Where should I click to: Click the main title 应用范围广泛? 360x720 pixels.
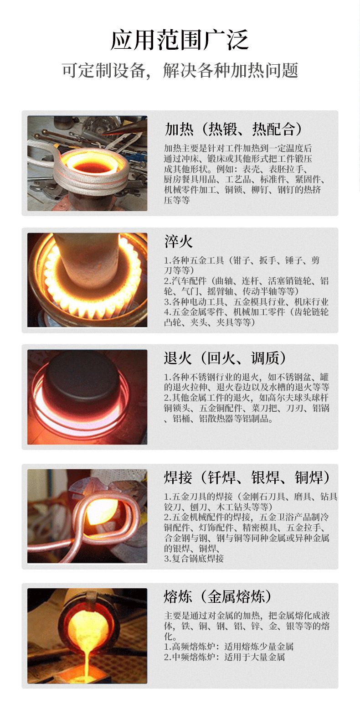pyautogui.click(x=180, y=40)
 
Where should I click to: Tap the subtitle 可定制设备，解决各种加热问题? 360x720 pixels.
pyautogui.click(x=180, y=70)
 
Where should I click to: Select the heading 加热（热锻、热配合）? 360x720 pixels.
pyautogui.click(x=233, y=129)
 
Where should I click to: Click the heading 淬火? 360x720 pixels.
pyautogui.click(x=178, y=241)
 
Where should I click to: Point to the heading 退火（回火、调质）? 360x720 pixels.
pyautogui.click(x=225, y=358)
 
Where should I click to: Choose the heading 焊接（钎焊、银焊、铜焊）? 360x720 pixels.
pyautogui.click(x=247, y=477)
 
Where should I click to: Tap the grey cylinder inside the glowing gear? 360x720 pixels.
pyautogui.click(x=87, y=260)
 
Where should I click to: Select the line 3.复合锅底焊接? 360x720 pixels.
pyautogui.click(x=194, y=558)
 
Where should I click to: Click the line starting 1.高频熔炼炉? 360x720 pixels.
pyautogui.click(x=229, y=647)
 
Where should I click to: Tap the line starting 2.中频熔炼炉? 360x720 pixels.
pyautogui.click(x=225, y=657)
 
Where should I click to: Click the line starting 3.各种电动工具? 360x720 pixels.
pyautogui.click(x=247, y=302)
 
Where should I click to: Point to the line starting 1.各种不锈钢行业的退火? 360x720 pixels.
pyautogui.click(x=247, y=377)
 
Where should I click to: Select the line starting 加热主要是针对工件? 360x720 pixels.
pyautogui.click(x=238, y=148)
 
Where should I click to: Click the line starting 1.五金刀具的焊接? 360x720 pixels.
pyautogui.click(x=251, y=497)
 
